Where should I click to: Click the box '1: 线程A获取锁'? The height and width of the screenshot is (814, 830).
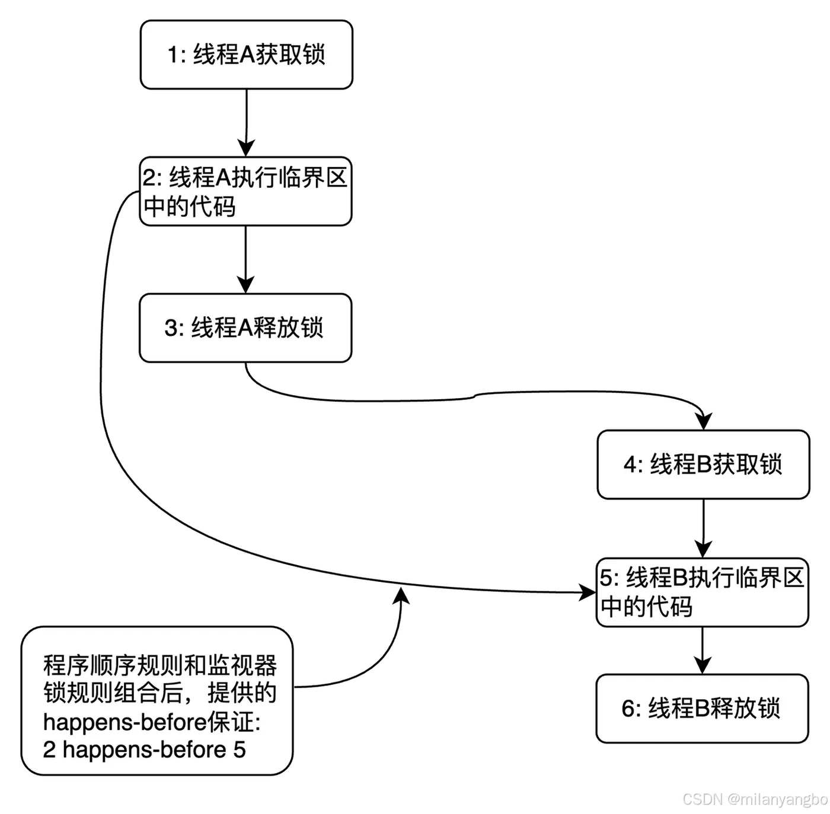(x=246, y=55)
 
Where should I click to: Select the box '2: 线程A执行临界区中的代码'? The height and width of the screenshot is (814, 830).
(x=245, y=191)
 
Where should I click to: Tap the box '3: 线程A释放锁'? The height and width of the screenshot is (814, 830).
(x=245, y=328)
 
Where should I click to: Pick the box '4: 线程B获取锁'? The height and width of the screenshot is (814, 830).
(x=703, y=464)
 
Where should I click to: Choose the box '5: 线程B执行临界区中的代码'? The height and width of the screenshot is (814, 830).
(x=703, y=592)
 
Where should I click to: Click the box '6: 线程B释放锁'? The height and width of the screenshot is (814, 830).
(x=702, y=708)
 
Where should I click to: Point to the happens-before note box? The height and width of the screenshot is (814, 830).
(x=157, y=701)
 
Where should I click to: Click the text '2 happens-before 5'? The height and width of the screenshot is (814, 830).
(x=144, y=749)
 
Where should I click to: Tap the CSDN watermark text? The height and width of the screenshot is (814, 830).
(x=702, y=799)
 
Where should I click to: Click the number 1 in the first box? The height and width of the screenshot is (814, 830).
(x=173, y=55)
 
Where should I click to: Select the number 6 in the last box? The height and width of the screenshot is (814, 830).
(x=628, y=709)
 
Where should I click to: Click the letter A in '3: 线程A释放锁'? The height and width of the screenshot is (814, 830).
(x=245, y=328)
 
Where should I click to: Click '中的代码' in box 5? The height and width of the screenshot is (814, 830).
(x=646, y=607)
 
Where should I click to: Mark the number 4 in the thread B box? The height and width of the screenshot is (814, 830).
(x=630, y=465)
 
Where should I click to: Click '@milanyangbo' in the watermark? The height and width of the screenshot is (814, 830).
(x=777, y=799)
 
